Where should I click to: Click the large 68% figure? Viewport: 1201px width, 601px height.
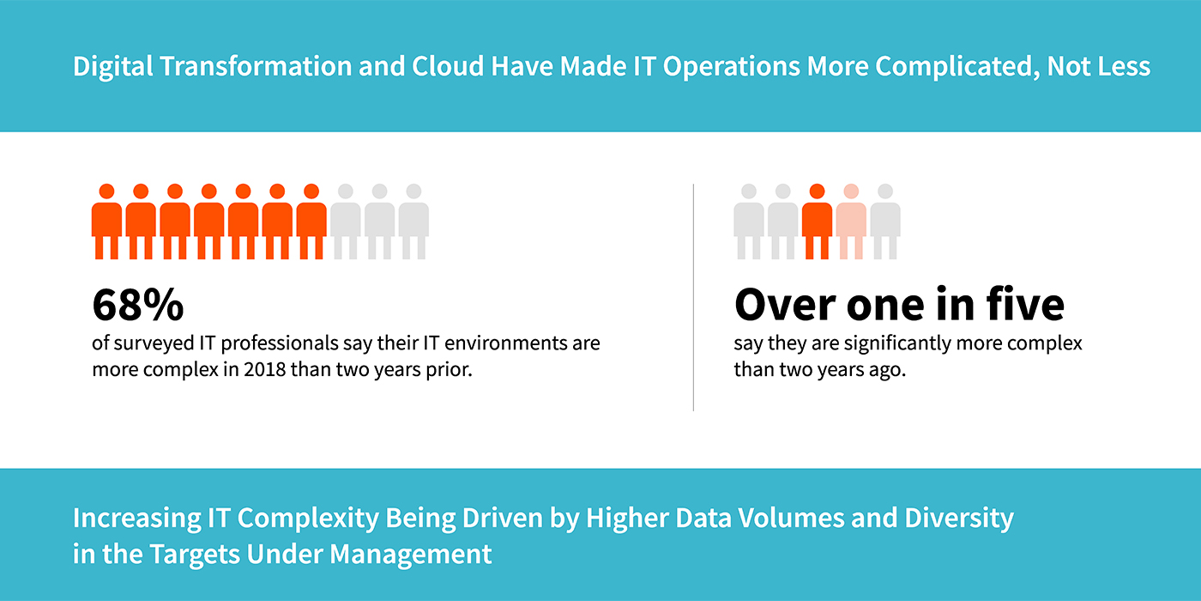click(x=138, y=305)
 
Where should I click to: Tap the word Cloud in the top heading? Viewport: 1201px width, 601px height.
click(x=448, y=66)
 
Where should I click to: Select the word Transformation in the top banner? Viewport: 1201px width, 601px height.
click(x=256, y=66)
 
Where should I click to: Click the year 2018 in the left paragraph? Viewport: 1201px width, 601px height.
click(x=264, y=369)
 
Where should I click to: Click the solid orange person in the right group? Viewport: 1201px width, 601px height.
click(x=817, y=222)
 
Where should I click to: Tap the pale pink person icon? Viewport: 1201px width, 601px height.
click(x=851, y=222)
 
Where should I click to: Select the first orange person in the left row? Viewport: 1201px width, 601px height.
click(x=106, y=222)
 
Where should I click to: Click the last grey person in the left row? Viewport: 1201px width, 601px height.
click(x=413, y=222)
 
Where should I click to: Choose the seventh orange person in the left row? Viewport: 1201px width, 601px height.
click(x=311, y=222)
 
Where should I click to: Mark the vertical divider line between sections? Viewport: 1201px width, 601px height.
click(x=693, y=298)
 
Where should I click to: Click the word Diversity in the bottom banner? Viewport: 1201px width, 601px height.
click(x=959, y=519)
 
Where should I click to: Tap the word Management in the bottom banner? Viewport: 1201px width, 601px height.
click(x=410, y=554)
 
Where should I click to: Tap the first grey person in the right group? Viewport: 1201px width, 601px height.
click(x=749, y=222)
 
